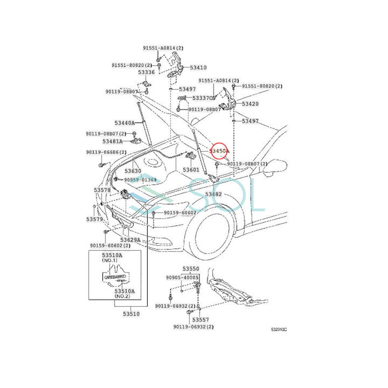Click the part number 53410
pos(198,68)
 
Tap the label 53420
pos(250,104)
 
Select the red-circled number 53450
pos(219,151)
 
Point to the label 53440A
pos(124,123)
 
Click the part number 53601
pos(191,170)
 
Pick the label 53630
pos(133,171)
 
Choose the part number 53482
pos(213,194)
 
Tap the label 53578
pos(102,190)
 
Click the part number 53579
pos(94,219)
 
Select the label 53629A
pos(130,240)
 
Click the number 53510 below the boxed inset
pos(131,314)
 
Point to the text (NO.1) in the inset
pos(110,260)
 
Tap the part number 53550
pos(191,269)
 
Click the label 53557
pos(200,319)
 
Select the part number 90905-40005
pos(182,277)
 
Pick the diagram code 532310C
pos(279,329)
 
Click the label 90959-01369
pos(140,180)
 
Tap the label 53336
pos(146,72)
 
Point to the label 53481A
pos(113,141)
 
